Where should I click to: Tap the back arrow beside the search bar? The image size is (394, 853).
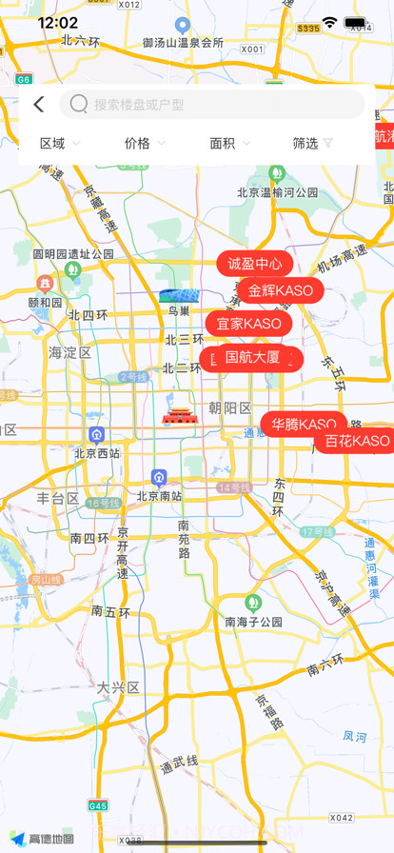pyautogui.click(x=38, y=105)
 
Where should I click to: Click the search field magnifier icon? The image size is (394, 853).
pyautogui.click(x=79, y=105)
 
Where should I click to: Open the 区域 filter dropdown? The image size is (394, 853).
pyautogui.click(x=60, y=143)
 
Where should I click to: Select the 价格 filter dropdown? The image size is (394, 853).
pyautogui.click(x=145, y=143)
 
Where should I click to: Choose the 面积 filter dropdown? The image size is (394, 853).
pyautogui.click(x=230, y=143)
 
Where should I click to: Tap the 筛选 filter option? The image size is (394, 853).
pyautogui.click(x=313, y=143)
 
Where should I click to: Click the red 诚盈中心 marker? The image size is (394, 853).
pyautogui.click(x=255, y=264)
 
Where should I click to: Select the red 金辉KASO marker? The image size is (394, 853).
pyautogui.click(x=281, y=290)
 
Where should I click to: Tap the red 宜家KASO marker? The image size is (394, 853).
pyautogui.click(x=248, y=324)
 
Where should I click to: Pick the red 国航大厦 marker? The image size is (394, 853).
pyautogui.click(x=252, y=359)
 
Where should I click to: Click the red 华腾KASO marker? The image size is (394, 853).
pyautogui.click(x=305, y=425)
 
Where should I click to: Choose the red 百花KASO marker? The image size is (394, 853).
pyautogui.click(x=356, y=441)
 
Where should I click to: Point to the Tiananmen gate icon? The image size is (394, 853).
pyautogui.click(x=179, y=416)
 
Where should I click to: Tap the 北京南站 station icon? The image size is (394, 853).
pyautogui.click(x=159, y=477)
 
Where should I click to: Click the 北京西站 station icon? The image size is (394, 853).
pyautogui.click(x=96, y=435)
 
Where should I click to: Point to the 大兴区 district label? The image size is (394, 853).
pyautogui.click(x=118, y=686)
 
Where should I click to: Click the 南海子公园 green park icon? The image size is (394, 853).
pyautogui.click(x=252, y=603)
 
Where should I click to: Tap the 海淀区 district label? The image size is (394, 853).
pyautogui.click(x=69, y=352)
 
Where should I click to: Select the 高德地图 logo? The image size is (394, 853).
pyautogui.click(x=43, y=839)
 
